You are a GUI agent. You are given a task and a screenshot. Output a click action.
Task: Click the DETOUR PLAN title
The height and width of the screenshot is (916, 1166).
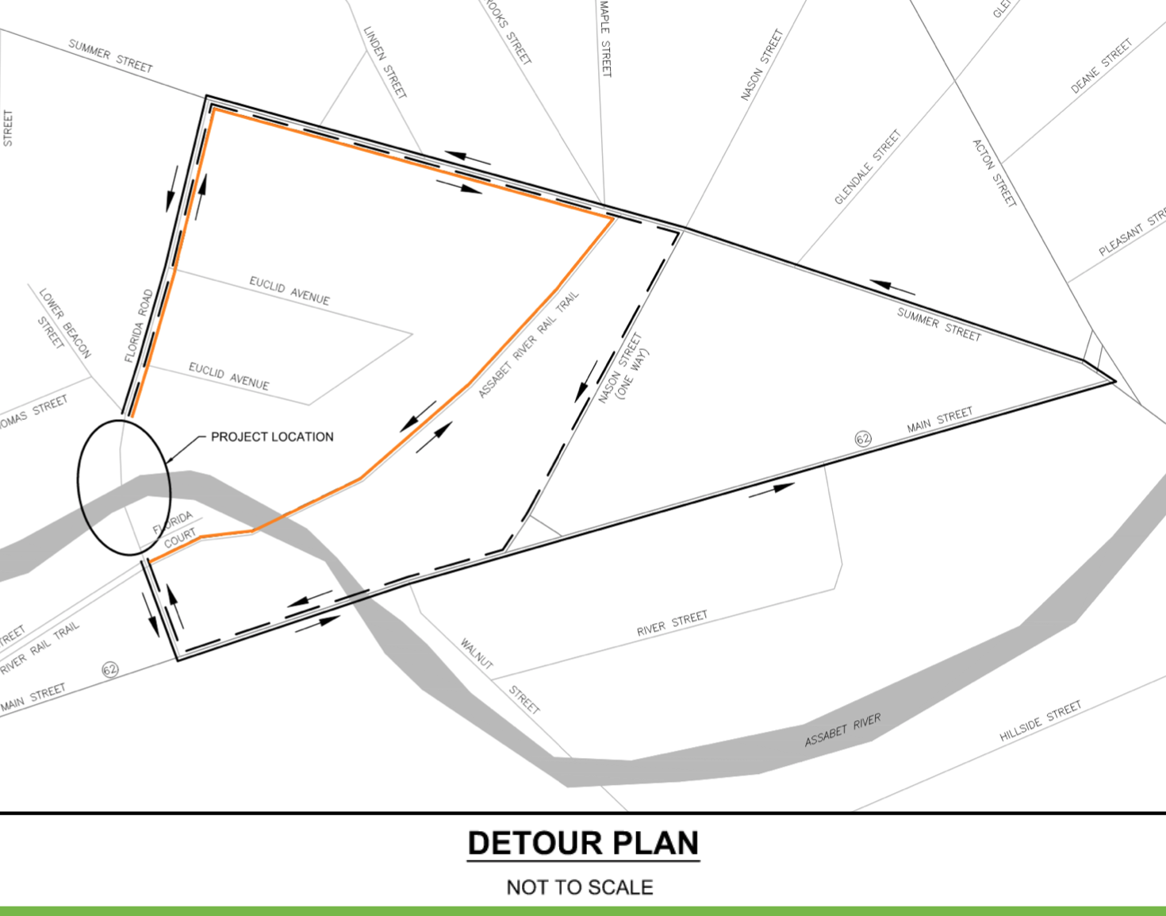[x=583, y=843]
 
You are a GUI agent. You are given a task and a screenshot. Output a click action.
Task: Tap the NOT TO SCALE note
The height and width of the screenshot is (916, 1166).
[x=580, y=887]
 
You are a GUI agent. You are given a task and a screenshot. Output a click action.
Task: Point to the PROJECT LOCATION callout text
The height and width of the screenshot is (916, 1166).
[x=272, y=437]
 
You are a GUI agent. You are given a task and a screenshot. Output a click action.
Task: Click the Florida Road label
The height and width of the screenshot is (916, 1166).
[x=139, y=326]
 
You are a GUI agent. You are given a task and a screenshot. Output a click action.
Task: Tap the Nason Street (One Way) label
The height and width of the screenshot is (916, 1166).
[x=623, y=368]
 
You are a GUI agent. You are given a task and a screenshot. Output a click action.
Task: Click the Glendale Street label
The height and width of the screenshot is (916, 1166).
[x=868, y=167]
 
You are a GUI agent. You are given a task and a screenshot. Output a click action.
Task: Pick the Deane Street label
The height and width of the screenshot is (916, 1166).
[x=1101, y=67]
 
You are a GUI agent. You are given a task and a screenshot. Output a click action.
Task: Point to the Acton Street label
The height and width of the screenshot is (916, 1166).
[x=994, y=173]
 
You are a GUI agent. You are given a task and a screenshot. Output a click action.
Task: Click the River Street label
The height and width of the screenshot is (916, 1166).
[x=672, y=624]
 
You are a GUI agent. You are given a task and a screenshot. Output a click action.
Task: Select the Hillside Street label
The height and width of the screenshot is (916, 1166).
[x=1040, y=722]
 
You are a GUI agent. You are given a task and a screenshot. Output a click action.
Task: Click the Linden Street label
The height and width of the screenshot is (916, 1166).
[x=385, y=62]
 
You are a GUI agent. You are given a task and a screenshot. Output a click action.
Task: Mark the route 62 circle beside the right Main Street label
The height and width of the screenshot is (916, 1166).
[x=863, y=438]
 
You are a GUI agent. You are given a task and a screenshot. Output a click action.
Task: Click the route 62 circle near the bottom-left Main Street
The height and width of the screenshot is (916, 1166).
[x=110, y=669]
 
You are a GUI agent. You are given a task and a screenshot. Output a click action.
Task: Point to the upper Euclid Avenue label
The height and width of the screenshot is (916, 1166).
[x=290, y=291]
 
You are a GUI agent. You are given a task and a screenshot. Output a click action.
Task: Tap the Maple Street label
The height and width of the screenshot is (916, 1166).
[x=605, y=38]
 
